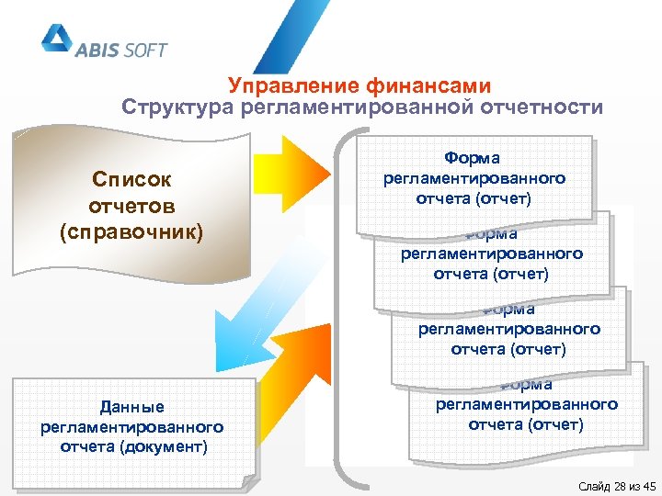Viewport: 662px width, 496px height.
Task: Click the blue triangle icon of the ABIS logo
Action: coord(56,39)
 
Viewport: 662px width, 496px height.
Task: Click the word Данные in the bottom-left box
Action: coord(132,407)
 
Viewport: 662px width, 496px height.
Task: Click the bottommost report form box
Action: coord(525,414)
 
